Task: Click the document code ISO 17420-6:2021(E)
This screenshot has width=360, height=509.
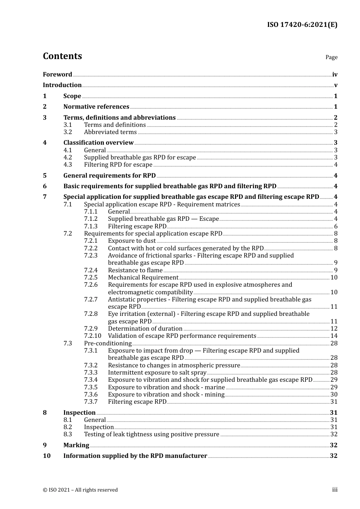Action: click(302, 25)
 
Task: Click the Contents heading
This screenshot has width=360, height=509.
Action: click(62, 56)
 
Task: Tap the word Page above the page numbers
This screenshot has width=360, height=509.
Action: click(331, 57)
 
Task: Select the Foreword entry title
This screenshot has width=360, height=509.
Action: click(57, 75)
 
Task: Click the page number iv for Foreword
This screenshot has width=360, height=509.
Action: click(335, 75)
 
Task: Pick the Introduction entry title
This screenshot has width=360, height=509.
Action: click(62, 85)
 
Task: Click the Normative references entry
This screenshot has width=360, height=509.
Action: click(96, 107)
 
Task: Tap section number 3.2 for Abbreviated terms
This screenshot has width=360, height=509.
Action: click(68, 132)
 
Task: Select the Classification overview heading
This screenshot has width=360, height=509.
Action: click(99, 143)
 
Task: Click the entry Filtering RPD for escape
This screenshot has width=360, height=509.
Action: click(118, 165)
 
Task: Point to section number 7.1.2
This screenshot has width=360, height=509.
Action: click(91, 219)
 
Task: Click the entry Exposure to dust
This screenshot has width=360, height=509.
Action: click(131, 241)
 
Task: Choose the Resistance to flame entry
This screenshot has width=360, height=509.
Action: click(135, 270)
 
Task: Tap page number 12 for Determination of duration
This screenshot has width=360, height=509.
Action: click(334, 329)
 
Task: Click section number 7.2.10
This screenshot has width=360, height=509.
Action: click(92, 336)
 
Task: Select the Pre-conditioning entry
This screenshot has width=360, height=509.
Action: click(108, 343)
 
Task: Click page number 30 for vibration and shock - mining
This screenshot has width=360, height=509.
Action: click(334, 395)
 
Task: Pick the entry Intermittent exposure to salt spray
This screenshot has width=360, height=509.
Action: click(157, 373)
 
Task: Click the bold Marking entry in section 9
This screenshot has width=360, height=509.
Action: click(76, 445)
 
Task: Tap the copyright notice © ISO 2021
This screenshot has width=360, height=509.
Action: click(80, 490)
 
